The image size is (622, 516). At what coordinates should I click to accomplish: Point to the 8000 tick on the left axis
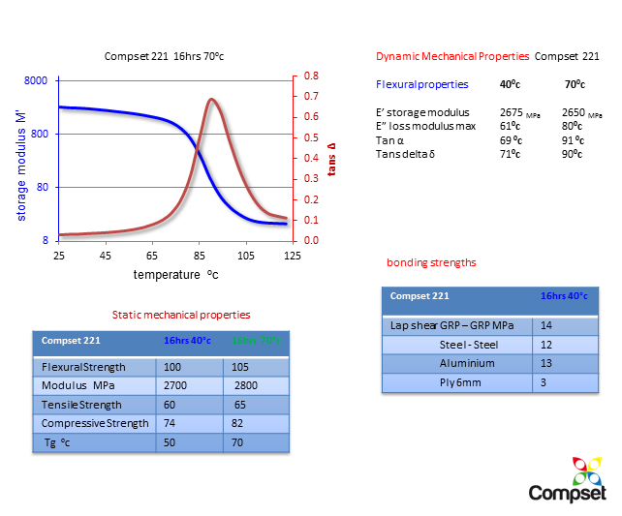[x=35, y=81]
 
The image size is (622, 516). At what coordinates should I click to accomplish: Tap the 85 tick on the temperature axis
[x=199, y=255]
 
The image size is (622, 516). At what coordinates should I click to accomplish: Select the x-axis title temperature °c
[x=175, y=275]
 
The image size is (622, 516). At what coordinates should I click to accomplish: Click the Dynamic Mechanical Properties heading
[x=451, y=57]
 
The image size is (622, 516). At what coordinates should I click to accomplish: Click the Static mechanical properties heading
[x=181, y=315]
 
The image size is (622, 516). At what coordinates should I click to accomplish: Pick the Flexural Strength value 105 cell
[x=239, y=368]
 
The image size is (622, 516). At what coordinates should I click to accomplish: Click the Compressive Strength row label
[x=95, y=423]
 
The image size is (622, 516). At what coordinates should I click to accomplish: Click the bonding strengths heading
[x=430, y=262]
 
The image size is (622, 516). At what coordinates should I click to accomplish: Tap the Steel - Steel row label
[x=469, y=345]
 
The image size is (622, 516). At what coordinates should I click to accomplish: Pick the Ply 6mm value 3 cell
[x=544, y=381]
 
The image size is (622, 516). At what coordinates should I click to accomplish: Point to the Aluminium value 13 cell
[x=546, y=363]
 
